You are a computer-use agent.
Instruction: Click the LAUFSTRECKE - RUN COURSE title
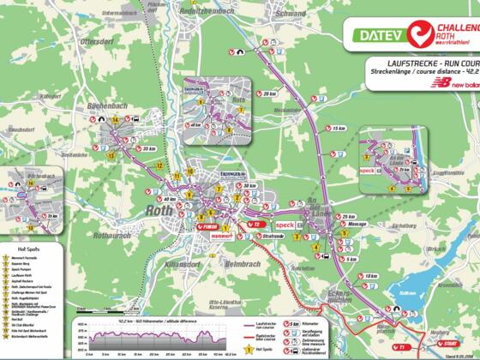coord(421,63)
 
